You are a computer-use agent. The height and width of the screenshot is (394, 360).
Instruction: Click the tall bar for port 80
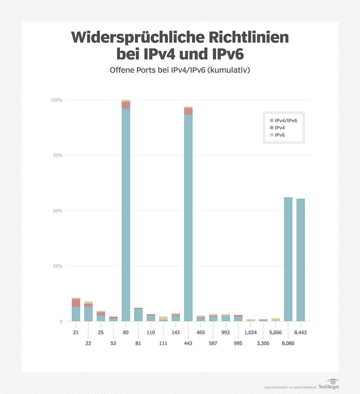pos(126,210)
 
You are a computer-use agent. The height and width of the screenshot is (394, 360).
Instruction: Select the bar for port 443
pos(188,216)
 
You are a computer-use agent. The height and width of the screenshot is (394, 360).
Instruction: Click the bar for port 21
pos(76,312)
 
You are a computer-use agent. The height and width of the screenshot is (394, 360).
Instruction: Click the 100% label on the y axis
pos(56,100)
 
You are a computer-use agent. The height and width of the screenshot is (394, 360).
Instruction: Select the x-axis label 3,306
pos(263,343)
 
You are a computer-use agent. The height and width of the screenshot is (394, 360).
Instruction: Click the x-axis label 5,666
pos(275,332)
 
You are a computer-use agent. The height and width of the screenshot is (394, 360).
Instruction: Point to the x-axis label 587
pos(213,343)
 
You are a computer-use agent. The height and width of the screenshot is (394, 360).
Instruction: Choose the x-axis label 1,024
pos(250,332)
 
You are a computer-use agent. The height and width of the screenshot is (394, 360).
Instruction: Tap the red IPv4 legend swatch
pos(272,128)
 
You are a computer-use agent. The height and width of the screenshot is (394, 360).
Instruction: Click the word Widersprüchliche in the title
pos(138,38)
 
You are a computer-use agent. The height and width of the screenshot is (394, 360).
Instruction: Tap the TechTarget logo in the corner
pos(329,385)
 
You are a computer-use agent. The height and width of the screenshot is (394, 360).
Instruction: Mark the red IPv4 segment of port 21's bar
pos(76,303)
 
